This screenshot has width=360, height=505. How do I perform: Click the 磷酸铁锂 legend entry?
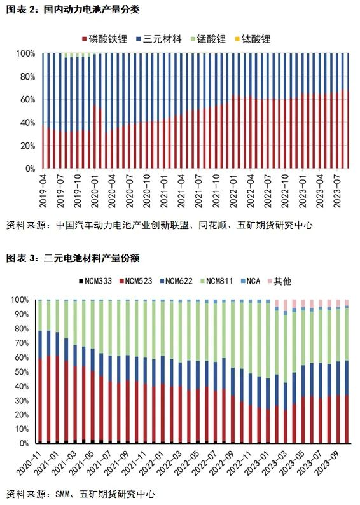[x=105, y=39]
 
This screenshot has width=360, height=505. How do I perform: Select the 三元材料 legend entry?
[x=159, y=39]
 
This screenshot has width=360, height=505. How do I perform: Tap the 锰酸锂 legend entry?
[x=209, y=39]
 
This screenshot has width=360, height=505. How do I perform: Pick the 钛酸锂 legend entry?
[x=253, y=39]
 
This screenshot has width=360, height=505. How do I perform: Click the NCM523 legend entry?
[x=136, y=281]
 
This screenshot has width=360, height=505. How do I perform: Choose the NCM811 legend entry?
[x=216, y=281]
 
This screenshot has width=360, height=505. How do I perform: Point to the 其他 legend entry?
[x=279, y=281]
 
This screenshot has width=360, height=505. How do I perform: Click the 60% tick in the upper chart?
[x=28, y=99]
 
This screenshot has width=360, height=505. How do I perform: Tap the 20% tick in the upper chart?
[x=28, y=146]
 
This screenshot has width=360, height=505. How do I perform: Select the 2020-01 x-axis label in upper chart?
[x=95, y=191]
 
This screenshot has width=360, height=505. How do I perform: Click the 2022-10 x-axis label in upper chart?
[x=285, y=191]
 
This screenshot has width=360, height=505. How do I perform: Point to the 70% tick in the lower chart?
[x=22, y=343]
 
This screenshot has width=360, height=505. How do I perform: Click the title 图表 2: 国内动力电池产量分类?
[x=73, y=10]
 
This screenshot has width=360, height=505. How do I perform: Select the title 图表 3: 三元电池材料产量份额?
[x=73, y=258]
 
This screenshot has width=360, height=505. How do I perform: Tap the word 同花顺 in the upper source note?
[x=213, y=225]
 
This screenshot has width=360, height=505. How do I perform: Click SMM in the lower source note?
[x=62, y=494]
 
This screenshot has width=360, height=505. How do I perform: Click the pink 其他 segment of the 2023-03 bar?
[x=285, y=305]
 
